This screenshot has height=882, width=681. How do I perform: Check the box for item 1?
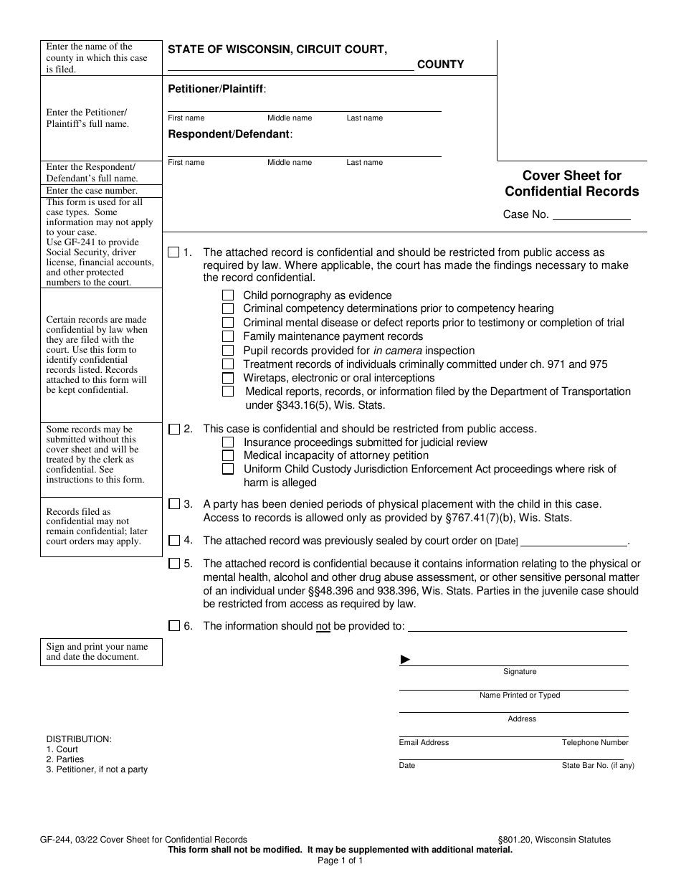tap(173, 252)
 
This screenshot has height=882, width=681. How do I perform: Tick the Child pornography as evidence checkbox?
tap(228, 295)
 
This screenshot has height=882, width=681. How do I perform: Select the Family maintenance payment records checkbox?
tap(228, 336)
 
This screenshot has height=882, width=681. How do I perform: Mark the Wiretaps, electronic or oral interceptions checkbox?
tap(228, 378)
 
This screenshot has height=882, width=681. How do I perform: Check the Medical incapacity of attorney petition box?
tap(228, 455)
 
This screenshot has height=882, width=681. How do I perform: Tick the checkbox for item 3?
tap(173, 504)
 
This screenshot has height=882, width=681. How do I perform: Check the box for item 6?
tap(173, 626)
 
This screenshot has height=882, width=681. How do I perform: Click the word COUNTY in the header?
tap(440, 65)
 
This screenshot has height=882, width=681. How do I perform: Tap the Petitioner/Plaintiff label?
tap(216, 89)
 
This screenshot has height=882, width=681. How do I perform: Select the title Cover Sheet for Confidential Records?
tap(571, 184)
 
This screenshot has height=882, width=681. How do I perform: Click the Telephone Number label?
tap(594, 743)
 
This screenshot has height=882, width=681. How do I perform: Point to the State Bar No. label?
tap(597, 766)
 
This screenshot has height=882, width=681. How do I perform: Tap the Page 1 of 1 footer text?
tap(340, 860)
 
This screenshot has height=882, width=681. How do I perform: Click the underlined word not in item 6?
tap(323, 626)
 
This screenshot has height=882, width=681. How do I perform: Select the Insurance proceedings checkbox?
tap(228, 442)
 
